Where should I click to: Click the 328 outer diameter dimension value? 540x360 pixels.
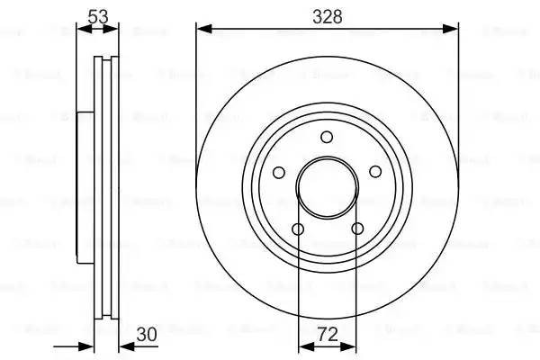coord(327,15)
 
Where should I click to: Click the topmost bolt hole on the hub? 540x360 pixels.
coord(327,136)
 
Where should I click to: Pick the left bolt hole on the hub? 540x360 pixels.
coord(278,171)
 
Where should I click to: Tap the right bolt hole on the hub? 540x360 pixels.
coord(375,171)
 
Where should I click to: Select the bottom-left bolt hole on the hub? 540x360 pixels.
coord(297,229)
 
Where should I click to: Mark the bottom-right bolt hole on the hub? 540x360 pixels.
coord(357,229)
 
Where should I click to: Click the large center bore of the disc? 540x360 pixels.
coord(327,187)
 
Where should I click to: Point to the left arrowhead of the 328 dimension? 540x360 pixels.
coord(202,30)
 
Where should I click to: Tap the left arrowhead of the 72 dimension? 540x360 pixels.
coord(302,346)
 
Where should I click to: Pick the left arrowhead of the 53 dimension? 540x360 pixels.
coord(83,30)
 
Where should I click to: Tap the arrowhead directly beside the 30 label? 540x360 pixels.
coord(125,346)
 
